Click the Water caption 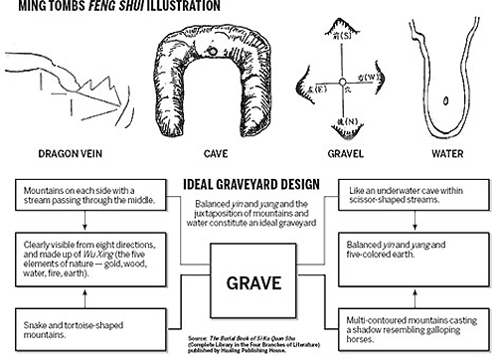click(444, 154)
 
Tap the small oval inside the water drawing click(444, 98)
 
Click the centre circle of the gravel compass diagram click(338, 83)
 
